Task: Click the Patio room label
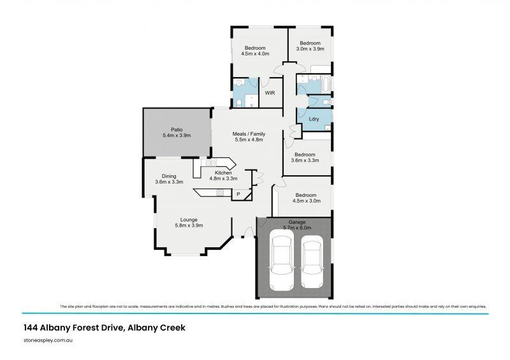pos(177,130)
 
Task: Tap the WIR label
pos(270,93)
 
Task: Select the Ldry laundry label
pos(314,119)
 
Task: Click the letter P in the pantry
pos(238,194)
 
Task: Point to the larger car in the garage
pos(282,260)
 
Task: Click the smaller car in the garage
pos(312,261)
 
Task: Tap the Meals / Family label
pos(249,134)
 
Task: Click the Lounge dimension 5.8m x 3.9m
pos(189,226)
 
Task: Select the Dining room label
pos(169,176)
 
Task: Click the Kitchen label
pos(223,173)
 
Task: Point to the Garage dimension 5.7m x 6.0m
pos(297,227)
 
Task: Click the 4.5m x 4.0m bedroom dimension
pos(255,54)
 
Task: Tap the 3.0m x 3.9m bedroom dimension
pos(310,49)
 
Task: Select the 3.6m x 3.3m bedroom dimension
pos(305,161)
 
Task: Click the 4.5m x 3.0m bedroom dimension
pos(307,201)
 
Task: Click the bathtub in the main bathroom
pos(326,83)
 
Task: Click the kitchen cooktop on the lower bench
pos(220,193)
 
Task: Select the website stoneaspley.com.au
pos(48,340)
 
